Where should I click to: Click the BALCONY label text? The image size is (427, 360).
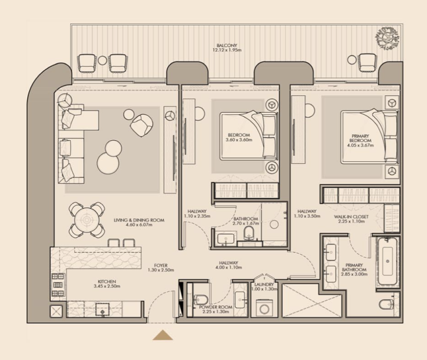227,45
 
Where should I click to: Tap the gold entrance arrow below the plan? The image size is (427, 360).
163,336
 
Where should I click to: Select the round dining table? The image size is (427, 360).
87,220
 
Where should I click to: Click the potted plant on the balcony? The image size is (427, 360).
387,38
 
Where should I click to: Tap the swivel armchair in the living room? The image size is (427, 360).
141,125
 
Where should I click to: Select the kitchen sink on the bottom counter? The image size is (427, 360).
102,309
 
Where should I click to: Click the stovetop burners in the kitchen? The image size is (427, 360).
58,285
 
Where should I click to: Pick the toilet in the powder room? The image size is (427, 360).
200,300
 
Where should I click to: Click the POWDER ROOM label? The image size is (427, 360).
216,307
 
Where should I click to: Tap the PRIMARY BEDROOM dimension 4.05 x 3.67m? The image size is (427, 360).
360,145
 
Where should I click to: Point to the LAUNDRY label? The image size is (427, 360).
264,284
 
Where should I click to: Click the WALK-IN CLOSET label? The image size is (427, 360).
351,217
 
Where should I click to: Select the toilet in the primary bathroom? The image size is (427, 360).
386,304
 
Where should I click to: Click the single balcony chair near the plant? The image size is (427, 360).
368,63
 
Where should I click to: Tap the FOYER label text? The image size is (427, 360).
161,265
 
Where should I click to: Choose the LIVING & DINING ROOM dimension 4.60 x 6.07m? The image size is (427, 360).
139,225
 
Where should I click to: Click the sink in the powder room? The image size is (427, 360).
240,300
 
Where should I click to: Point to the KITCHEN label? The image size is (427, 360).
107,281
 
